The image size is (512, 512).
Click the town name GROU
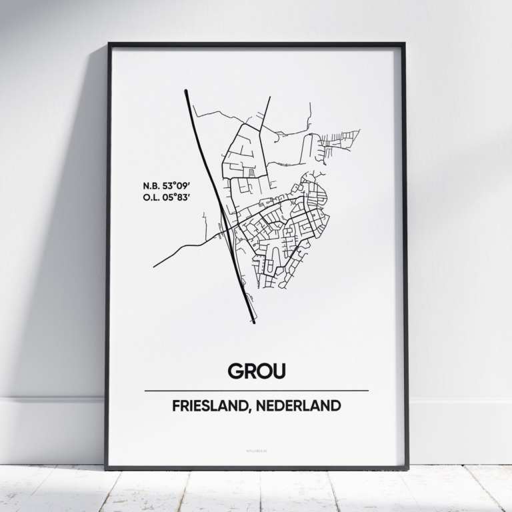[x=256, y=370]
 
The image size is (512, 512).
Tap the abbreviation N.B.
[x=151, y=185]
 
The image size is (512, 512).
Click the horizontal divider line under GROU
[x=256, y=390]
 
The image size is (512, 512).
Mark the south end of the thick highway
[x=253, y=323]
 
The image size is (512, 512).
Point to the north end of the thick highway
[x=185, y=91]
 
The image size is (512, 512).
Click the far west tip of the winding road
[x=154, y=267]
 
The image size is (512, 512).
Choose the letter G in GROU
[x=236, y=370]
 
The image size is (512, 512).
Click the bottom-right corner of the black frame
[x=407, y=468]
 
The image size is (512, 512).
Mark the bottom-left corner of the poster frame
[x=106, y=468]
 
